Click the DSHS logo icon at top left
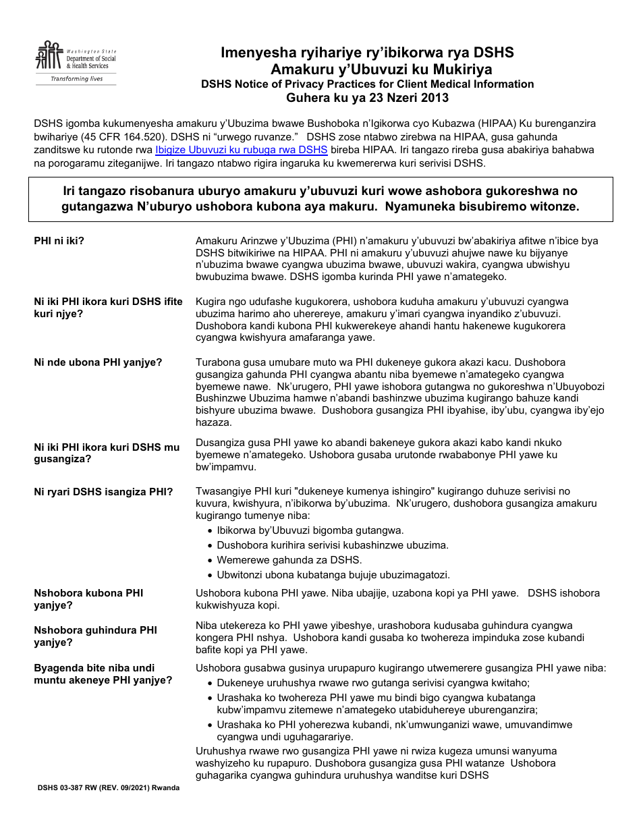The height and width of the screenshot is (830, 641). tap(49, 57)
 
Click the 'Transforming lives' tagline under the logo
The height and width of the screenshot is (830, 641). tap(77, 79)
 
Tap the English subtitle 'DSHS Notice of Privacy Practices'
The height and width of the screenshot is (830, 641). tap(367, 84)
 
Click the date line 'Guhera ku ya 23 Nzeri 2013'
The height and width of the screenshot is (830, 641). tap(367, 98)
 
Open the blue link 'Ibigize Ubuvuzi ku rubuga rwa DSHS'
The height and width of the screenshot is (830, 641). tap(241, 150)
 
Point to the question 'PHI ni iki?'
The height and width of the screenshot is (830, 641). tap(63, 241)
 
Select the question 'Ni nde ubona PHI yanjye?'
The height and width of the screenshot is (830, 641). tap(98, 362)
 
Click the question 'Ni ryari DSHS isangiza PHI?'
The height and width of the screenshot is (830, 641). tap(103, 492)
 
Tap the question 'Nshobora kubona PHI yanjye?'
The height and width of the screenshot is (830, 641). tap(88, 599)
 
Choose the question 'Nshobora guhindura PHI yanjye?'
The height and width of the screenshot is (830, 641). tap(95, 636)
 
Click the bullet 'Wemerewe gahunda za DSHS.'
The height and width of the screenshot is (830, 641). tap(289, 560)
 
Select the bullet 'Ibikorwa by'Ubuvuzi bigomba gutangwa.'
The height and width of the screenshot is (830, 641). tap(310, 530)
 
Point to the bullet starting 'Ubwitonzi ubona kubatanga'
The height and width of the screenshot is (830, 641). tap(333, 575)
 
